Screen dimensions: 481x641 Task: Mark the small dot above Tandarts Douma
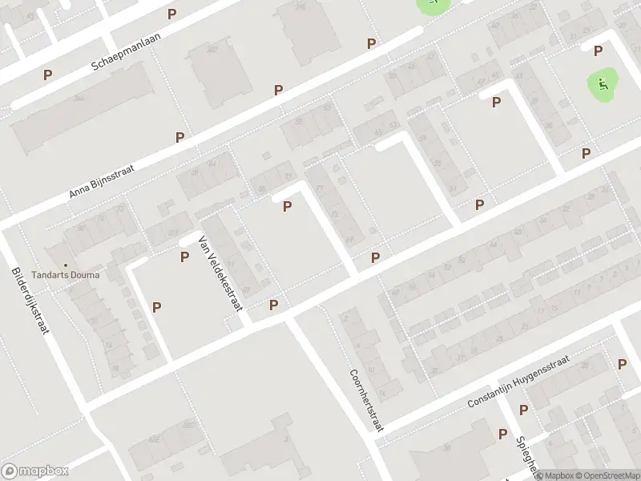point(67,265)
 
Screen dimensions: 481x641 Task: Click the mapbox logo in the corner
point(35,471)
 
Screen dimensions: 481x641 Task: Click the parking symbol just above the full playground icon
point(598,51)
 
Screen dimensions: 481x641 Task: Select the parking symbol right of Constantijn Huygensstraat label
point(622,364)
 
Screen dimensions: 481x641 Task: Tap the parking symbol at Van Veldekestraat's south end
point(274,305)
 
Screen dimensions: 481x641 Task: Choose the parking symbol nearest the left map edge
point(47,75)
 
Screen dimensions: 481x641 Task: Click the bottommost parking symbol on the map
point(503,434)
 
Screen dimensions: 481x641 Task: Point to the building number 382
point(212,50)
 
